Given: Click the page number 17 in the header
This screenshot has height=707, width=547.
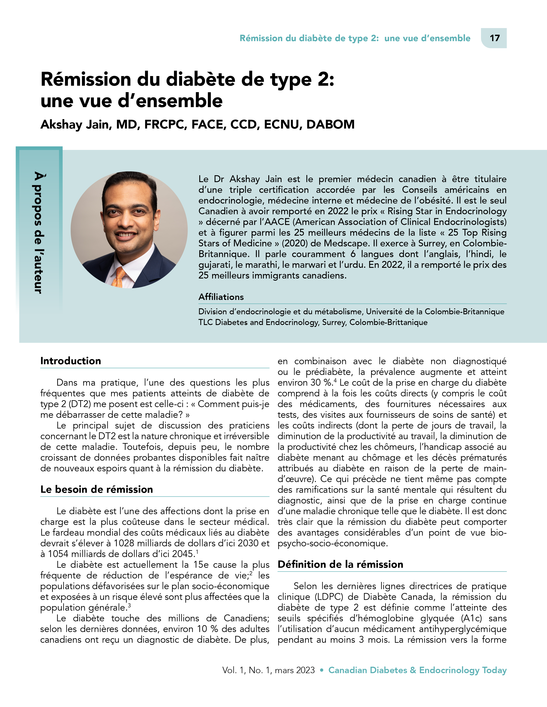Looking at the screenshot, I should [494, 38].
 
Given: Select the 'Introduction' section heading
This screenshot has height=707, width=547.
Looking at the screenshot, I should [71, 361].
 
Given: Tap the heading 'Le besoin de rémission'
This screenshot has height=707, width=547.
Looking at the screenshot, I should [97, 489].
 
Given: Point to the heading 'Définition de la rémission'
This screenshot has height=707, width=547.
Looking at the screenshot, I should [340, 564].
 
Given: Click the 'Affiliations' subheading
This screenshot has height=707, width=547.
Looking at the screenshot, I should [221, 297].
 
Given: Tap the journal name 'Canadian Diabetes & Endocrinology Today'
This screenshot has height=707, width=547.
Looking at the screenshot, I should [417, 670].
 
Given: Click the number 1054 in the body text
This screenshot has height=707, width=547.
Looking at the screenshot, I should [59, 554].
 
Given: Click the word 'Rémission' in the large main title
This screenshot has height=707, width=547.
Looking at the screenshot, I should [86, 79].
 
